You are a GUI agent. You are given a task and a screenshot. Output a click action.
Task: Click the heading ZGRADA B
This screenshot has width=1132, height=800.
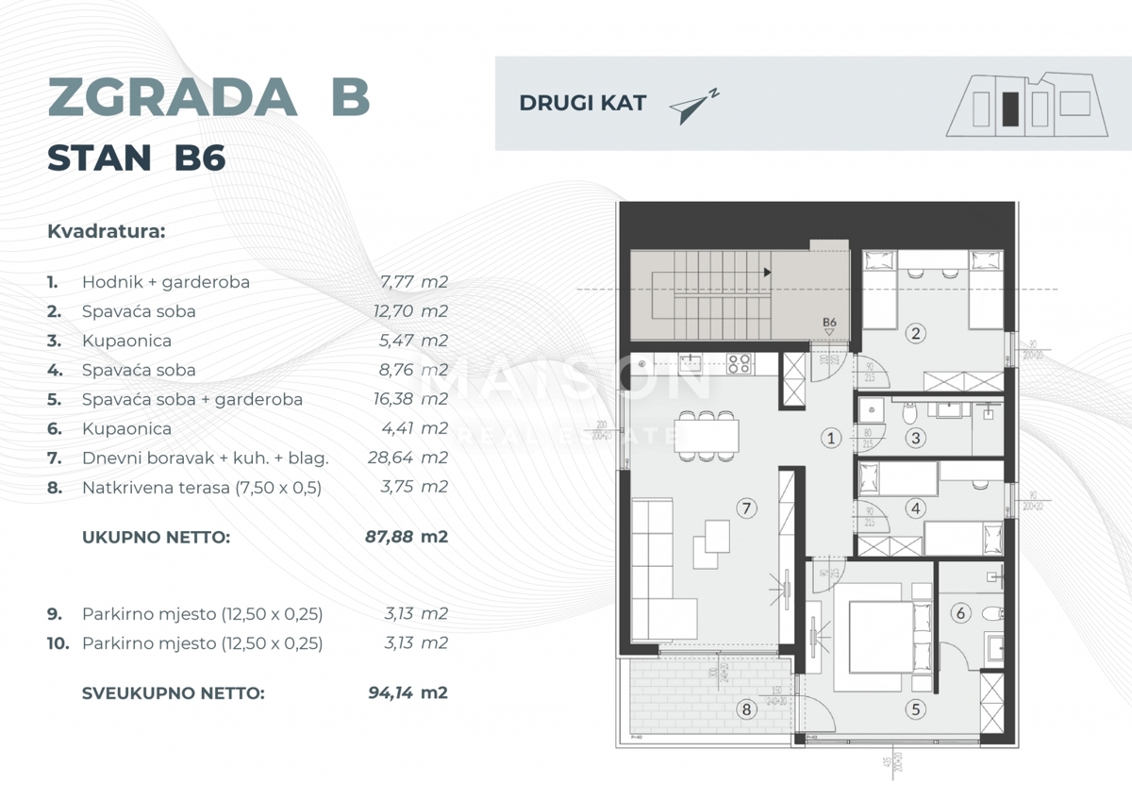pyautogui.click(x=208, y=97)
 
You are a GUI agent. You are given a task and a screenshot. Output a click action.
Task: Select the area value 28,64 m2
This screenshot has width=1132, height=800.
pyautogui.click(x=407, y=458)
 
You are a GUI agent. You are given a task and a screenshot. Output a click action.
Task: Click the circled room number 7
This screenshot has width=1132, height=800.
pyautogui.click(x=745, y=508)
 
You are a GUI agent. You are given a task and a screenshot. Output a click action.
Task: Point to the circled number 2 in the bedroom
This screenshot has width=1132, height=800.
pyautogui.click(x=913, y=332)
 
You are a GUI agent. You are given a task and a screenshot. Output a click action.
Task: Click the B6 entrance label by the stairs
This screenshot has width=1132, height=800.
pyautogui.click(x=829, y=323)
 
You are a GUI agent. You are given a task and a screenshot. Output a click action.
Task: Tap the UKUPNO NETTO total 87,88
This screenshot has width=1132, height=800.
pyautogui.click(x=389, y=538)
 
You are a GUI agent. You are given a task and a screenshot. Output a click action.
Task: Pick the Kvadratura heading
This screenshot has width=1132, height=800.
pyautogui.click(x=106, y=231)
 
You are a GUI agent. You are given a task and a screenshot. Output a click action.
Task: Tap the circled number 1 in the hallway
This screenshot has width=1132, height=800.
pyautogui.click(x=830, y=438)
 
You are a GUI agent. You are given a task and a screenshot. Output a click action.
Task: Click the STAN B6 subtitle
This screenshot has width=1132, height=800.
pyautogui.click(x=136, y=158)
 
